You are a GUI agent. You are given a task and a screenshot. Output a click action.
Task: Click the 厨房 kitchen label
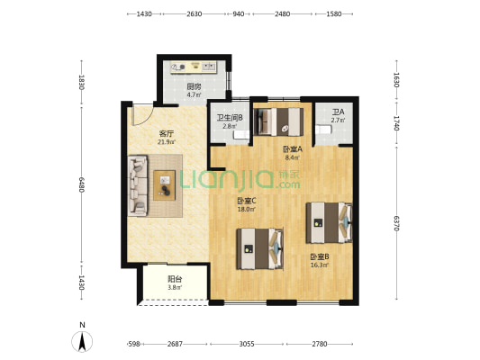coord(195,87)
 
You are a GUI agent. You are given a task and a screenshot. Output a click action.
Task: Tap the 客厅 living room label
coord(167,134)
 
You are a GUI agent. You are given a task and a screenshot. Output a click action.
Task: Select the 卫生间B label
coord(230,118)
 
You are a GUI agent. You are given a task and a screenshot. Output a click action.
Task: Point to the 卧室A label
coord(293,149)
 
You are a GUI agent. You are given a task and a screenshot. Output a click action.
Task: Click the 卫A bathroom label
coord(338,112)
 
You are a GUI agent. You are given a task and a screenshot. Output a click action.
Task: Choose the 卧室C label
coord(247,201)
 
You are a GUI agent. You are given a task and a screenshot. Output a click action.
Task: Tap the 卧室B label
coord(320,256)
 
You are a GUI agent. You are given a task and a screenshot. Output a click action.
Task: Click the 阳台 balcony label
coord(175,279)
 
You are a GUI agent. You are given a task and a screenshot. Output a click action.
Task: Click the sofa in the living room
coord(138,185)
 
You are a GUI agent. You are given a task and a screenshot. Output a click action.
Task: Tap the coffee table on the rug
coord(165,185)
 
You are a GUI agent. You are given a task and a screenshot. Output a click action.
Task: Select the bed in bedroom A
coord(278,121)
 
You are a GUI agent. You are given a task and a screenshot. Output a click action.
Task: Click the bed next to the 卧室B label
coord(329,222)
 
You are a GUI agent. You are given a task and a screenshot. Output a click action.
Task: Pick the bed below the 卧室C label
coord(259,249)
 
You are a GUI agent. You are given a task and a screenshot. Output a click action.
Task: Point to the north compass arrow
coord(82,341)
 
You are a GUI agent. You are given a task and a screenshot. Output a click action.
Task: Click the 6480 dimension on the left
coord(81,184)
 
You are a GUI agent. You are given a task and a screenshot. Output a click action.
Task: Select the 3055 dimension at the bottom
coord(247,344)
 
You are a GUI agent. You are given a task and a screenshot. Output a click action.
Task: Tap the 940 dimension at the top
coord(239,13)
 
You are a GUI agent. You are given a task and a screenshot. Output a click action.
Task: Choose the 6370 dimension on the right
coord(396,223)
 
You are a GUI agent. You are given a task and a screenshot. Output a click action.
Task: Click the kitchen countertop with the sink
coord(194,67)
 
